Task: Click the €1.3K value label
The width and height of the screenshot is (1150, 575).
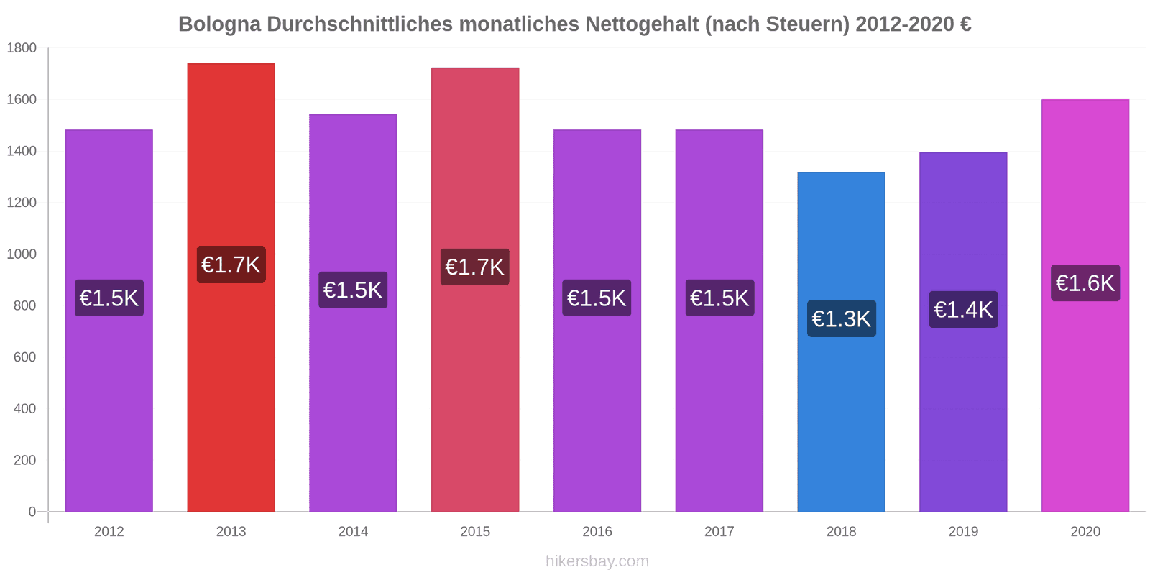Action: point(841,318)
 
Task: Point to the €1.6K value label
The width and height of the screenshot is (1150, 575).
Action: point(1085,283)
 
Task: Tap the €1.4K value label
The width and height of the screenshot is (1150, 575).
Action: point(963,310)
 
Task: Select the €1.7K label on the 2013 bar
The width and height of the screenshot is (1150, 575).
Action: point(231,264)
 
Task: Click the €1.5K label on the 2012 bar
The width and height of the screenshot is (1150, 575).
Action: point(109,298)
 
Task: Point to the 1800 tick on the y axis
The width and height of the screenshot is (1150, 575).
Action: point(22,48)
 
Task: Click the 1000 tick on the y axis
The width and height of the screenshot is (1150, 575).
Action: point(22,254)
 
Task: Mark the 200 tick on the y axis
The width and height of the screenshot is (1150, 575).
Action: point(24,460)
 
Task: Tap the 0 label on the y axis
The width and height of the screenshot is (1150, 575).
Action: point(32,512)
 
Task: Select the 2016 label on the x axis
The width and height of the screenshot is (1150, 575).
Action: point(597,532)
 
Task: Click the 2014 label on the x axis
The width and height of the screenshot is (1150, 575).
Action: point(353,532)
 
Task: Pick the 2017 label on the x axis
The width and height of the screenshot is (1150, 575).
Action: point(719,532)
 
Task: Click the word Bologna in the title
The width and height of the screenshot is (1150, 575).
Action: point(219,24)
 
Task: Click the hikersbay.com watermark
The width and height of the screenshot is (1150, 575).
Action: point(597,561)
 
